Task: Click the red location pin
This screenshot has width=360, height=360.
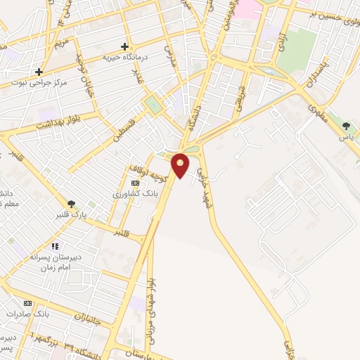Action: click(x=181, y=165)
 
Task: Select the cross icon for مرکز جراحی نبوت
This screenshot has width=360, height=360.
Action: click(x=39, y=72)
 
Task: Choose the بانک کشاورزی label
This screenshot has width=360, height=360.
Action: click(x=135, y=193)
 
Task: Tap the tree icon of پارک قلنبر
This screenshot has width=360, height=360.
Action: click(x=71, y=203)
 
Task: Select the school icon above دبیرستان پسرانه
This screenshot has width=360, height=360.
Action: click(x=55, y=247)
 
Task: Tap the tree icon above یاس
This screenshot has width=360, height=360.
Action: click(x=346, y=127)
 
